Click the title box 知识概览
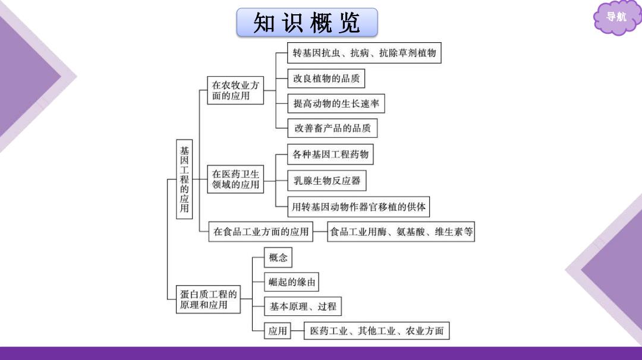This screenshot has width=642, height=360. pyautogui.click(x=307, y=23)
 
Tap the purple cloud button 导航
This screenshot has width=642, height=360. pyautogui.click(x=616, y=18)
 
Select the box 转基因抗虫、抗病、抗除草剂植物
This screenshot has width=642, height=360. pyautogui.click(x=364, y=53)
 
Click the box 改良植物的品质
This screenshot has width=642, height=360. pyautogui.click(x=326, y=78)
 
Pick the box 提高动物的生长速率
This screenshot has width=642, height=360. pyautogui.click(x=336, y=103)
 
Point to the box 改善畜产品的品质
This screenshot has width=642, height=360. pyautogui.click(x=332, y=128)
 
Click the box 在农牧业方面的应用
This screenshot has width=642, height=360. pyautogui.click(x=235, y=90)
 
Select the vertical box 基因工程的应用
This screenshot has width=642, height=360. pyautogui.click(x=184, y=179)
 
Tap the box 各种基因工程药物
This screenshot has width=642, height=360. pyautogui.click(x=331, y=154)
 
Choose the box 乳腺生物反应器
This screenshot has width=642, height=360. pyautogui.click(x=327, y=181)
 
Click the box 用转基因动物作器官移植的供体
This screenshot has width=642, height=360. pyautogui.click(x=358, y=207)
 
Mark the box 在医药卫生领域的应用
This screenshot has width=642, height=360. pyautogui.click(x=235, y=179)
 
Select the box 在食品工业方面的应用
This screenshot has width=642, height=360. pyautogui.click(x=261, y=232)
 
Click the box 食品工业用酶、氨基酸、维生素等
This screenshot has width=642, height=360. pyautogui.click(x=401, y=232)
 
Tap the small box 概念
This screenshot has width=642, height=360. pyautogui.click(x=278, y=257)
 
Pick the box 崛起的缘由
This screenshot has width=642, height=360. pyautogui.click(x=291, y=282)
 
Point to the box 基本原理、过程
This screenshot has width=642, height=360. pyautogui.click(x=303, y=307)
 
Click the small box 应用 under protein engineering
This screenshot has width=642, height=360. pyautogui.click(x=278, y=330)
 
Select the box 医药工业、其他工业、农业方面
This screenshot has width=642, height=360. pyautogui.click(x=377, y=330)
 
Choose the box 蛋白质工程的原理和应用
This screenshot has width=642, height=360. pyautogui.click(x=208, y=299)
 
